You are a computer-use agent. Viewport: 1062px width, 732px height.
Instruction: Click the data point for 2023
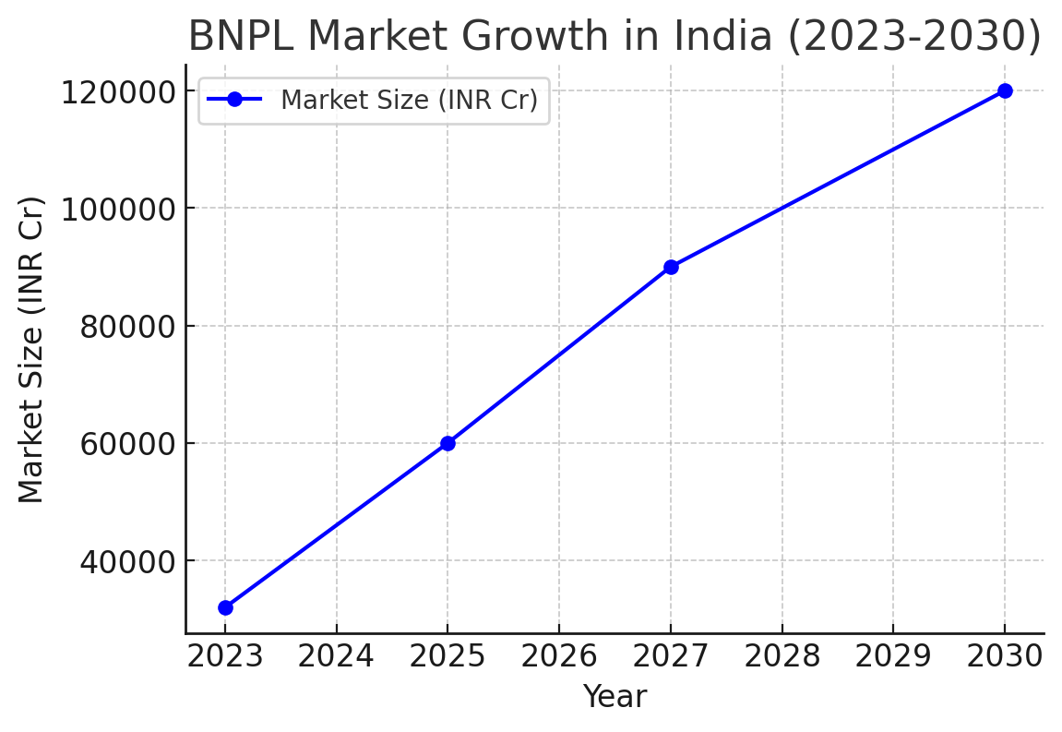225,607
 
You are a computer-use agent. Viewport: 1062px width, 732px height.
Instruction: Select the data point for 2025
447,443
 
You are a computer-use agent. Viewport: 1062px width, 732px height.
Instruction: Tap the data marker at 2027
671,267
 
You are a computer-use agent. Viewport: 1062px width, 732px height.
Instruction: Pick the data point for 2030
1005,90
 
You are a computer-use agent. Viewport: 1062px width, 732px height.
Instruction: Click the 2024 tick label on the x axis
336,656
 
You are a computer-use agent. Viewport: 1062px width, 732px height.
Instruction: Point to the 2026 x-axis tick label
559,656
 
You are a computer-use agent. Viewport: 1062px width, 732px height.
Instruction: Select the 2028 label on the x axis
782,656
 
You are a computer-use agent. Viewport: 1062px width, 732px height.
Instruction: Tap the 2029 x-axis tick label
893,656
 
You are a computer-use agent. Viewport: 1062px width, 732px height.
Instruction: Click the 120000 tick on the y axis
117,92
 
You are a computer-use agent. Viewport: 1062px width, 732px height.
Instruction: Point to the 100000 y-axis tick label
117,210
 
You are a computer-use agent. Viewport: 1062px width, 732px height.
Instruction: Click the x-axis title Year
615,697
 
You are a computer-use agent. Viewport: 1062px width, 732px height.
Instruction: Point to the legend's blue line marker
235,100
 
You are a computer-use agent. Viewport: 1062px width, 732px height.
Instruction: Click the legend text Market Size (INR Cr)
409,100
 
